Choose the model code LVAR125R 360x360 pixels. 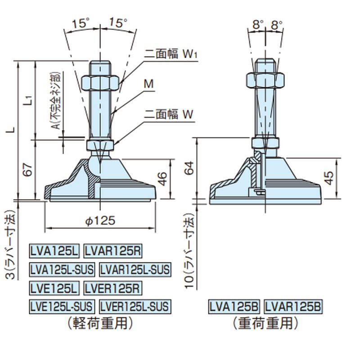(113, 250)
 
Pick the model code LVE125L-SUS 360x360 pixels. (62, 307)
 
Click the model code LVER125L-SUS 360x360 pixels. (134, 307)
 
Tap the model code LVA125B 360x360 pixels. (234, 307)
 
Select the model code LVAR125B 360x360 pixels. (292, 307)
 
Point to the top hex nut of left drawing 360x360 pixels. (104, 82)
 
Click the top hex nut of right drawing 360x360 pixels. (265, 80)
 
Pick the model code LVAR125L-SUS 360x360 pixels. (135, 269)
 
